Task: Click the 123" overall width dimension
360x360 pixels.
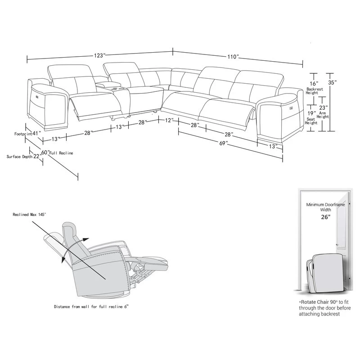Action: (x=99, y=55)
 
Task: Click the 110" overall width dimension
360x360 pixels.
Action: (x=232, y=57)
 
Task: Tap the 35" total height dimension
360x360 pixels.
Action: (x=333, y=83)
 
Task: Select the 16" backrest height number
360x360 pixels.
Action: (x=313, y=84)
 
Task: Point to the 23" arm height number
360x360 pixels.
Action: (x=323, y=108)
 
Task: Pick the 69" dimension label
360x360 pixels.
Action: (x=223, y=143)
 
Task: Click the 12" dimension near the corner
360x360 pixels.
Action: (x=169, y=121)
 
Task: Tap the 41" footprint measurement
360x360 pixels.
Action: (x=37, y=133)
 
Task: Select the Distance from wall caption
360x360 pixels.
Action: (x=94, y=306)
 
